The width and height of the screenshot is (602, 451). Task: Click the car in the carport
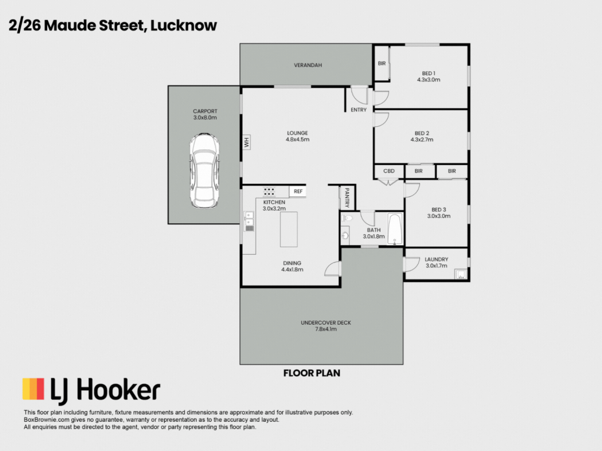point(205,171)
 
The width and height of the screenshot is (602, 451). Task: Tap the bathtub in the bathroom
point(394,229)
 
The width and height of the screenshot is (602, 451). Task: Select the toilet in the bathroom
point(347,218)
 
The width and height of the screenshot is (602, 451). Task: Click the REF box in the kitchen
point(298,191)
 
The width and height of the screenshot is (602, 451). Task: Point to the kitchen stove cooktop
point(269,192)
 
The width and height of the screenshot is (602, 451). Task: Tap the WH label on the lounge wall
point(246,142)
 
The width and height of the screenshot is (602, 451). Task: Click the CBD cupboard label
point(389,171)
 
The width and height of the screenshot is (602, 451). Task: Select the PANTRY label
point(347,197)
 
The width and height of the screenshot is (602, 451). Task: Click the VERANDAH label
point(308,65)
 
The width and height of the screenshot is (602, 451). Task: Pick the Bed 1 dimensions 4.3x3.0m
point(429,80)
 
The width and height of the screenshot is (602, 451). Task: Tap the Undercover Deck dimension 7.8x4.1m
point(326,329)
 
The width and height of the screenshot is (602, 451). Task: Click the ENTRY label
point(359,110)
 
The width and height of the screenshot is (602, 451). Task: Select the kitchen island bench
point(289,230)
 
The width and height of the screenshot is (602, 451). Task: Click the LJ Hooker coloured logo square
point(34,389)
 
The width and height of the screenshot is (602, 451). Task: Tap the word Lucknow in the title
point(183,25)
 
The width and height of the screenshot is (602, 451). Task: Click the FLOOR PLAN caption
point(312,373)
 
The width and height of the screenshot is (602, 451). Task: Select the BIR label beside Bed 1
point(382,63)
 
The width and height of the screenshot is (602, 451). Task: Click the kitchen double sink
point(249,221)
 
